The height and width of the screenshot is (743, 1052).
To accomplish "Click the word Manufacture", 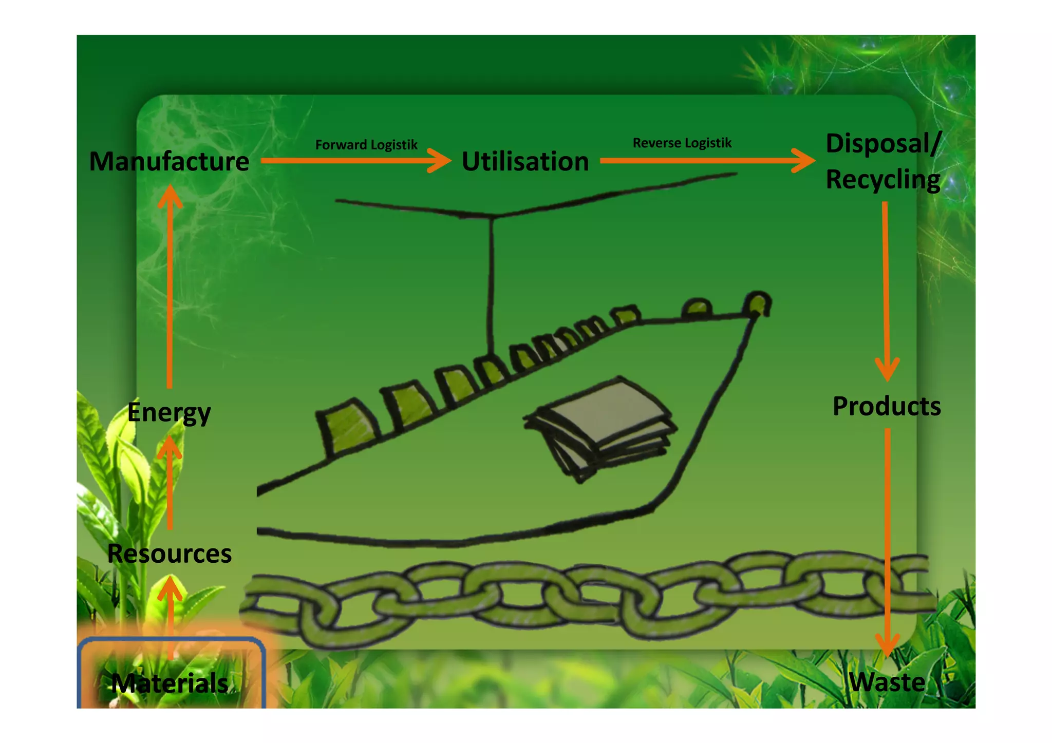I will (x=169, y=161).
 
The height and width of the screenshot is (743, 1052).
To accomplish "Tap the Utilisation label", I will (x=525, y=161).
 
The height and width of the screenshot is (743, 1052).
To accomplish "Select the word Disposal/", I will (x=884, y=143).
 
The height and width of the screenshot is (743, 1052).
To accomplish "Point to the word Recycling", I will (x=882, y=179).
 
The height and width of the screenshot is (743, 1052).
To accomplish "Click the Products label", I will (x=887, y=406).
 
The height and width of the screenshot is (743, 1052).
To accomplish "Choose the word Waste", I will (x=887, y=682).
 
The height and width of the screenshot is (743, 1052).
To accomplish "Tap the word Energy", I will (x=169, y=412).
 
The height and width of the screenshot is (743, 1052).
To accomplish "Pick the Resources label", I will (x=170, y=554).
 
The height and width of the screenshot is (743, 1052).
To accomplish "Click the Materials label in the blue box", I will (x=170, y=683).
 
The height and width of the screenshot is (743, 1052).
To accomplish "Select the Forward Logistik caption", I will (x=366, y=145).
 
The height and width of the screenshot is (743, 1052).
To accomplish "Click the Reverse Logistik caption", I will (x=682, y=143).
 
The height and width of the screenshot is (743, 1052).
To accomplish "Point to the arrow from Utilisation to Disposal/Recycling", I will (x=707, y=161).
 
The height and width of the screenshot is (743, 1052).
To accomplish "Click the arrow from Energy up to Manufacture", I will (x=170, y=288).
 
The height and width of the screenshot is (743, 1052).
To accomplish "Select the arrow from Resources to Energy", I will (x=170, y=483).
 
